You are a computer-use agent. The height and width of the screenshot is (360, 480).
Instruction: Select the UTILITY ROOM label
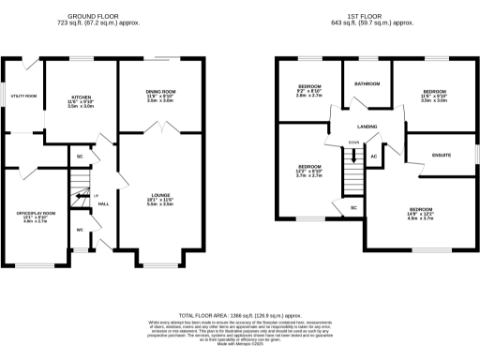point(23,96)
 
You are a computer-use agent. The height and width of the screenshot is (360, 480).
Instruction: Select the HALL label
point(103,203)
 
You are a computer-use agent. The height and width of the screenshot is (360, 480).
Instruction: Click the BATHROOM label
point(366,83)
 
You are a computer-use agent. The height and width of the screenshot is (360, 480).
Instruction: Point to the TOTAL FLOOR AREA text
point(240,317)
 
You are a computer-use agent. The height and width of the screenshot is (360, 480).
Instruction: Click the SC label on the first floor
point(353,206)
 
